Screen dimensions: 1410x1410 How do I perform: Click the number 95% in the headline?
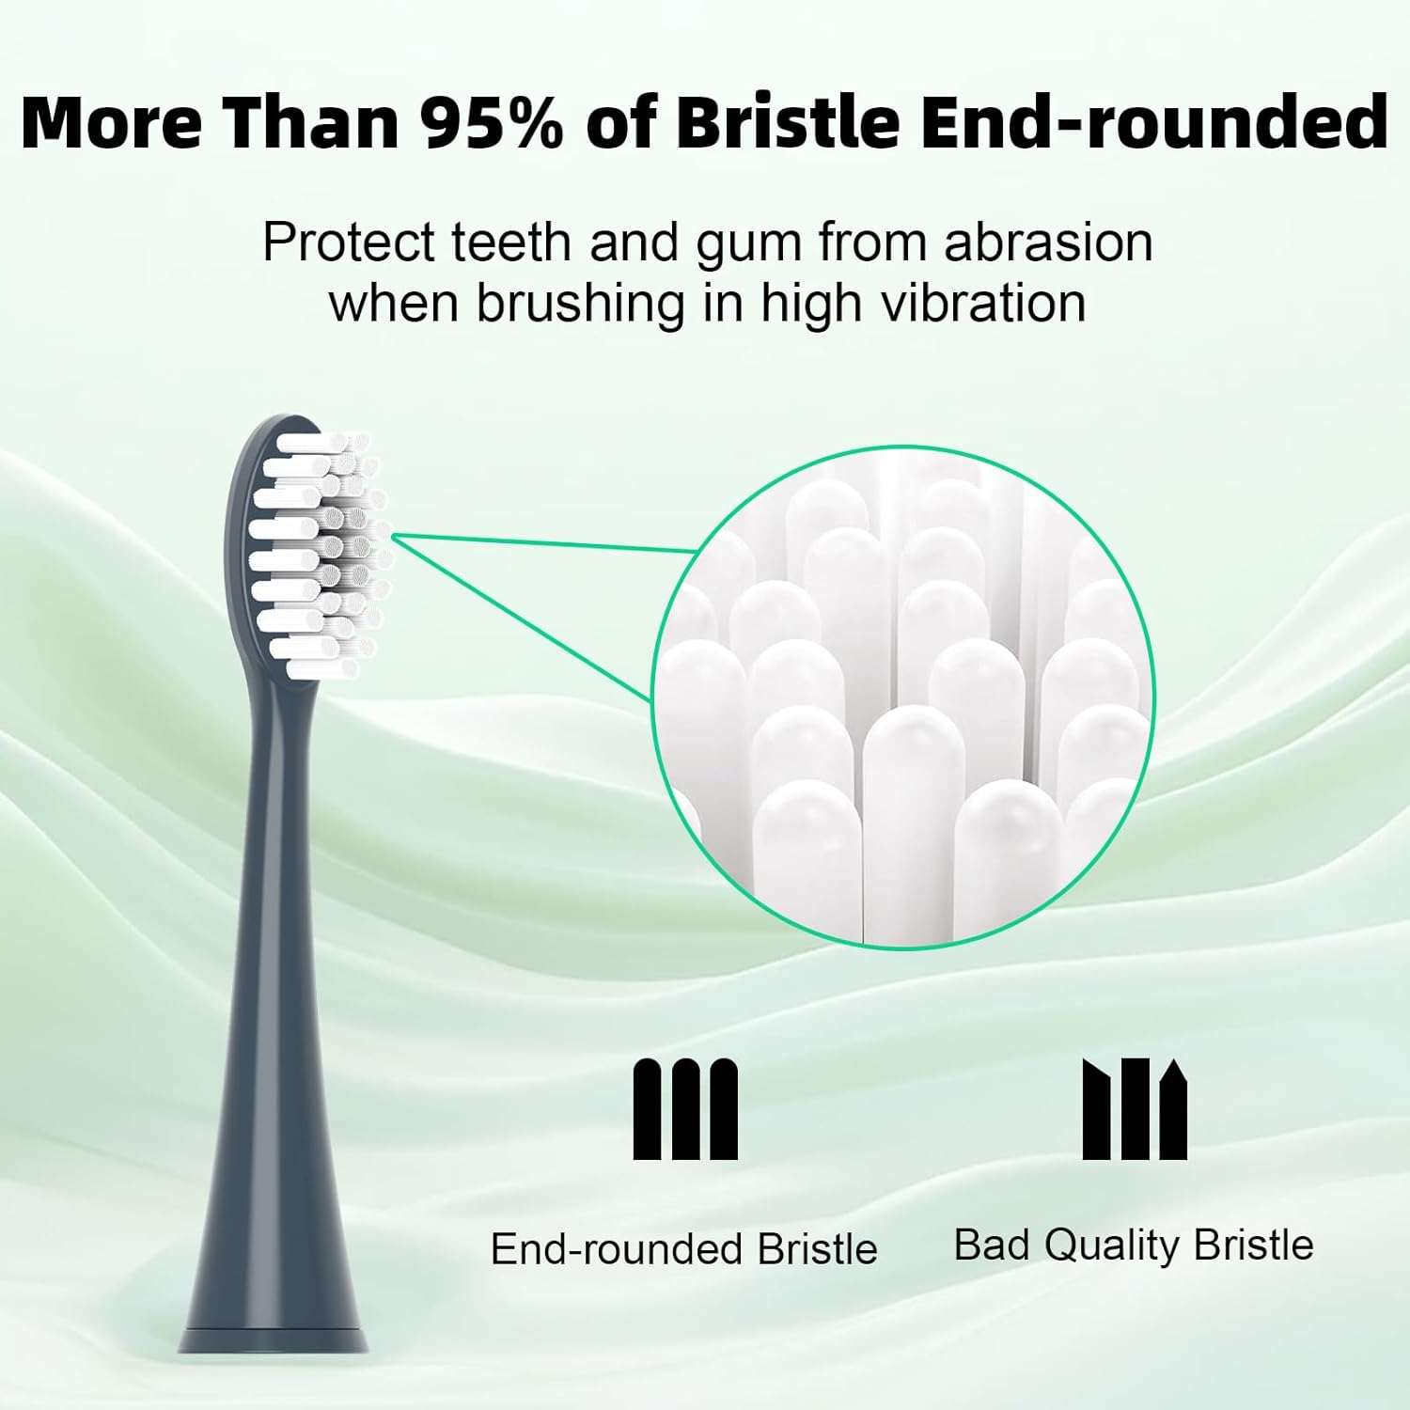[491, 122]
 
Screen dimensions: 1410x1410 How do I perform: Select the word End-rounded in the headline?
[1153, 122]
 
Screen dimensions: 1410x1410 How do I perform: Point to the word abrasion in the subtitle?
[1048, 243]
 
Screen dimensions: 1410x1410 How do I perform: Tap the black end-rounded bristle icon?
[685, 1109]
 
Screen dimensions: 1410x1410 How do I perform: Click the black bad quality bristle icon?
[1135, 1109]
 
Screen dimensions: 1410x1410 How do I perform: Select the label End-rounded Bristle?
[683, 1249]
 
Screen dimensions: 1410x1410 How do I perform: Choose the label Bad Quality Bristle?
[1133, 1245]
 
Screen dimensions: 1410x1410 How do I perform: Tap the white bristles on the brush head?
[320, 555]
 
